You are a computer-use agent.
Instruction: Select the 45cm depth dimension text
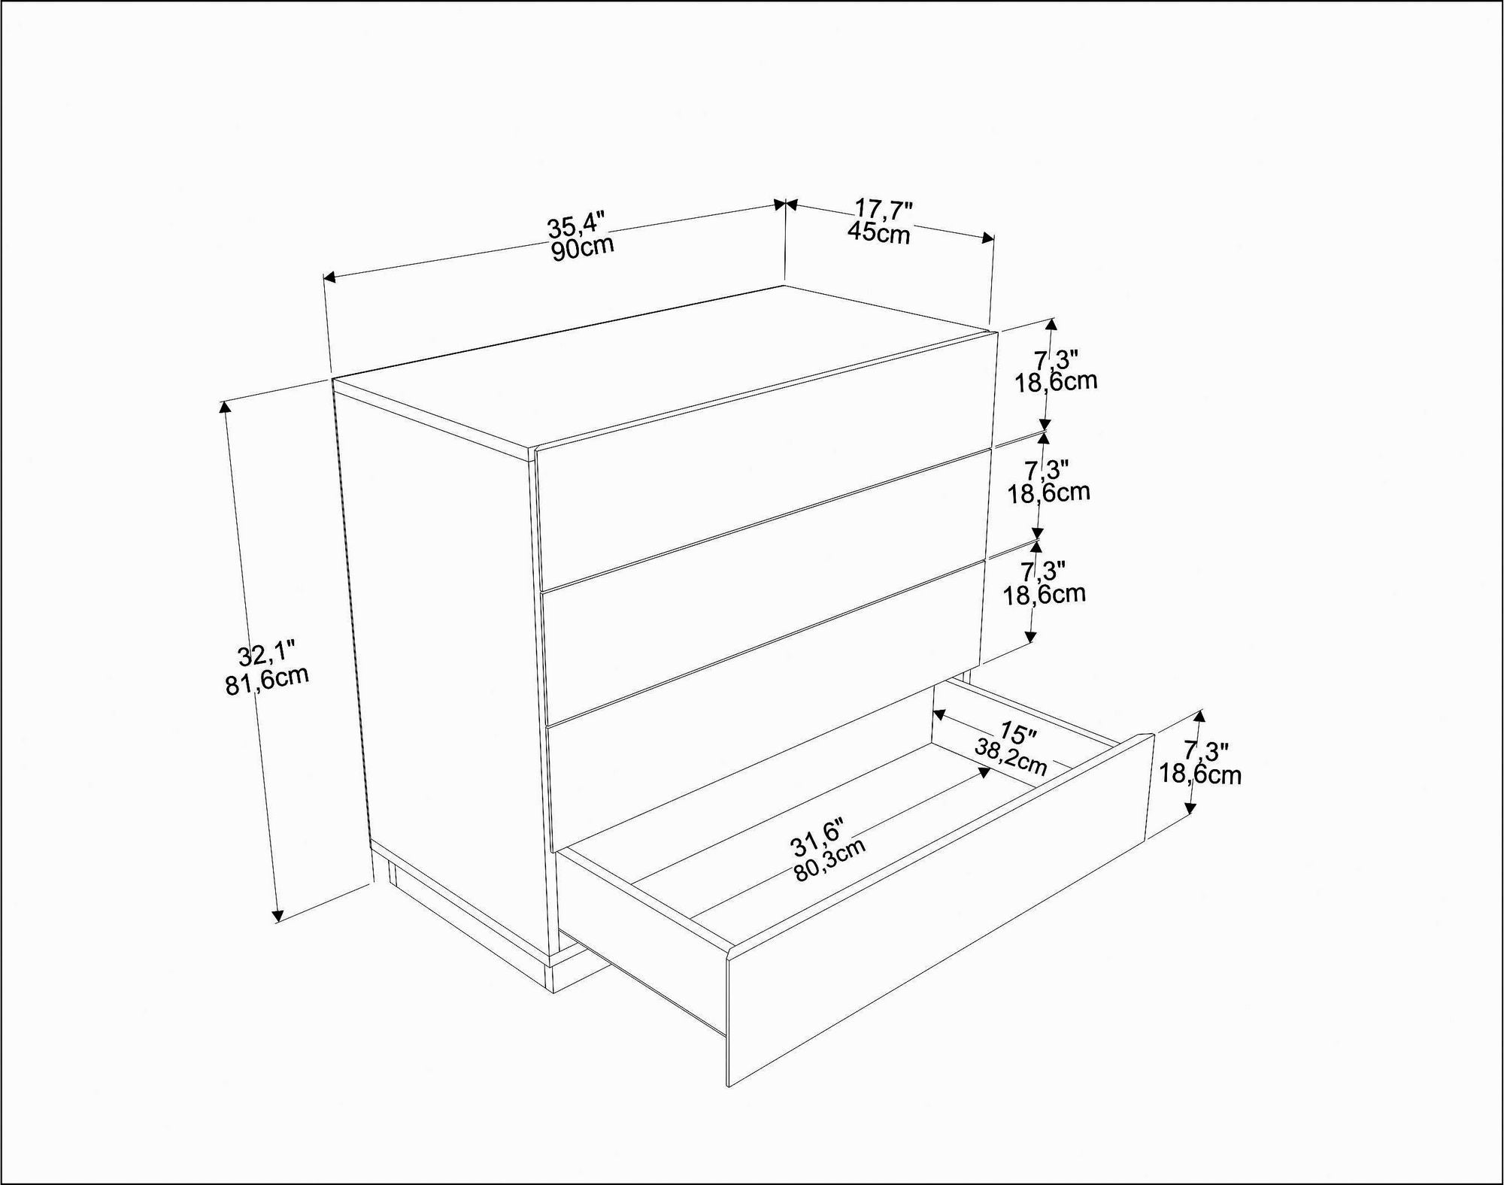(x=878, y=232)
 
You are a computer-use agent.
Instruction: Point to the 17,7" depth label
(x=884, y=208)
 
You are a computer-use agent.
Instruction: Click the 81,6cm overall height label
(x=267, y=680)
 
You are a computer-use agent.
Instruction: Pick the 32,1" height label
(x=267, y=654)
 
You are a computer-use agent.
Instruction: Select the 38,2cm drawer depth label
(x=1011, y=756)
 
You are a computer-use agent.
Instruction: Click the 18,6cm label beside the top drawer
(x=1056, y=381)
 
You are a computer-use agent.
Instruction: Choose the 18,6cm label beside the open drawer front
(x=1200, y=774)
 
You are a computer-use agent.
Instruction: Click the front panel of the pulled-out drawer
(x=940, y=932)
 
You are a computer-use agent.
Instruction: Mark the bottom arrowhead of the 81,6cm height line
(x=277, y=915)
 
